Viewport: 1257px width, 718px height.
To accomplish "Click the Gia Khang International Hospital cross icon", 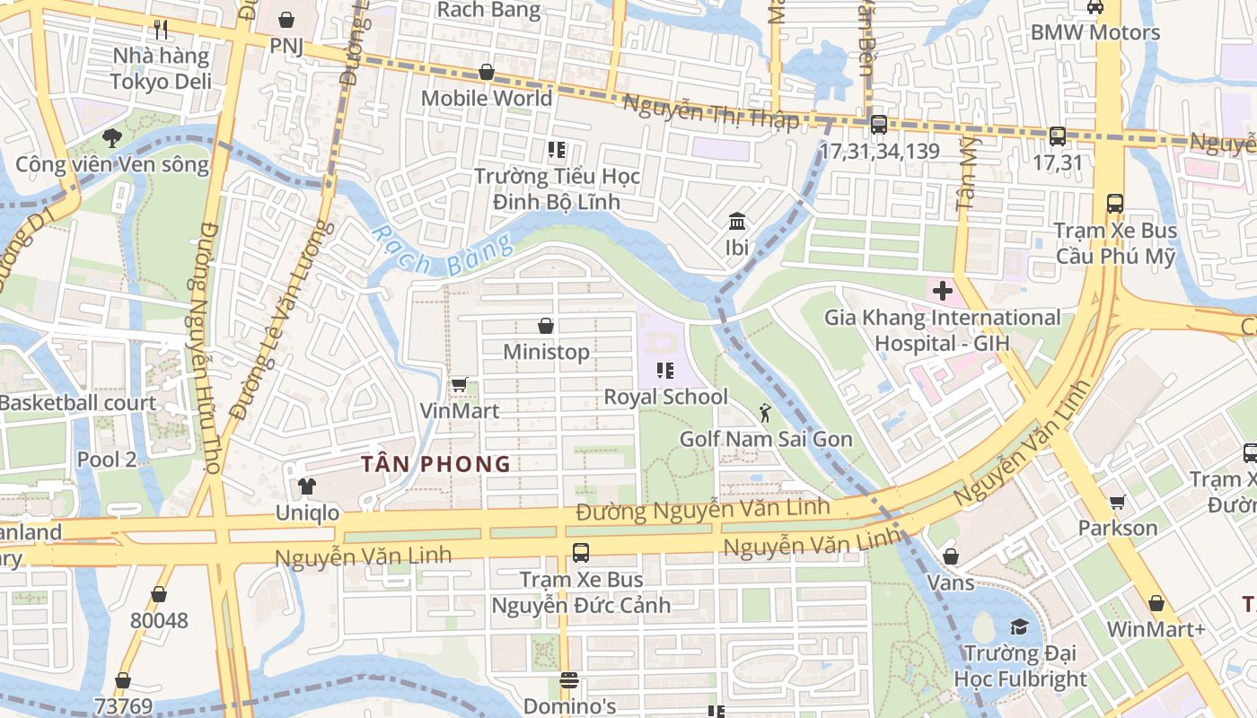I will click(x=942, y=291).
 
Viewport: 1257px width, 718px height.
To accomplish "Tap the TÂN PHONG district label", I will click(x=435, y=464).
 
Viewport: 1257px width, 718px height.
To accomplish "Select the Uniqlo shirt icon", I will click(x=307, y=486).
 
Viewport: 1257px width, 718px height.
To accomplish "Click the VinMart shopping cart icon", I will click(x=459, y=385).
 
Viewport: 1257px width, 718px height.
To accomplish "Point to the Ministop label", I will click(x=546, y=352).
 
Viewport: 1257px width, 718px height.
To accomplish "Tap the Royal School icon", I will click(x=665, y=370).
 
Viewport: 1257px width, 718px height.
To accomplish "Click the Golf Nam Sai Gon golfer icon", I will click(x=765, y=413).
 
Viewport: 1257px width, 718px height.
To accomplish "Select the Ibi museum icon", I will click(x=737, y=221).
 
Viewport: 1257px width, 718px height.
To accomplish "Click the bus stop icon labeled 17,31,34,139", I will click(x=878, y=125).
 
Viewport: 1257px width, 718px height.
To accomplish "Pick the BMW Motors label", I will click(x=1094, y=32).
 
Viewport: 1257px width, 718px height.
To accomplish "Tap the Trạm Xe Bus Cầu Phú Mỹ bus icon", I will click(x=1115, y=204).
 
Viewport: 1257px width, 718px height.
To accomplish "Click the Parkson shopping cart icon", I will click(x=1118, y=502).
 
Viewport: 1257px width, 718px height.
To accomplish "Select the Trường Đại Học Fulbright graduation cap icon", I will click(x=1019, y=626).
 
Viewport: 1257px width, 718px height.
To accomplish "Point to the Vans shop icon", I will click(x=951, y=557).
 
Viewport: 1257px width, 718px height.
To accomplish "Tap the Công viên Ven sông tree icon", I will click(x=111, y=138).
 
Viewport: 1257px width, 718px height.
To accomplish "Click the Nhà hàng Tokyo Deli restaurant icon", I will click(x=161, y=30).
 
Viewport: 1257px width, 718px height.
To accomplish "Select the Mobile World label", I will click(x=487, y=98).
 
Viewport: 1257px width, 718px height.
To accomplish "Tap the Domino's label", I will click(x=569, y=706).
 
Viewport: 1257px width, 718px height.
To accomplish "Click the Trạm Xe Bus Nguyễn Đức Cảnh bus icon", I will click(x=581, y=553).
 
